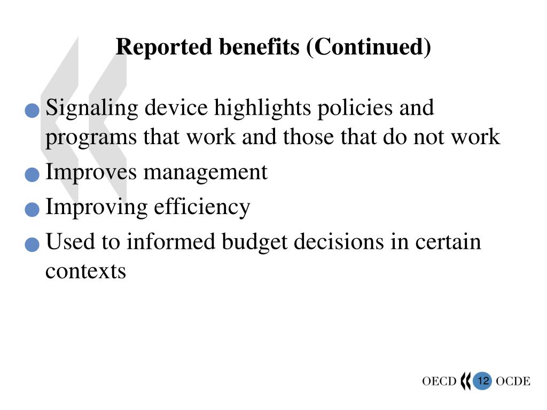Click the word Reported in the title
click(163, 47)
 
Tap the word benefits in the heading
click(259, 46)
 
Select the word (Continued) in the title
click(369, 47)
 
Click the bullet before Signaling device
click(32, 111)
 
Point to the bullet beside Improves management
click(32, 175)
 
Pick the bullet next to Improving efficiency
click(32, 209)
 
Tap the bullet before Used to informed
click(32, 245)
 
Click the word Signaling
click(92, 108)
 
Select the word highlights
click(262, 108)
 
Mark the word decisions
click(338, 241)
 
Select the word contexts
click(85, 271)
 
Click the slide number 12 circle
click(482, 381)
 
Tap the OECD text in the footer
click(439, 381)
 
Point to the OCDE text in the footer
click(513, 381)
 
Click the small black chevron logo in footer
click(465, 381)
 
